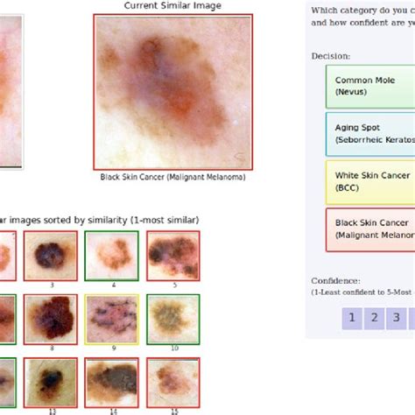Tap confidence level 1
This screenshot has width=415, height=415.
click(352, 317)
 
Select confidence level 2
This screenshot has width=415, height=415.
click(375, 317)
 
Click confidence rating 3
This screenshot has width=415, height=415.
click(397, 317)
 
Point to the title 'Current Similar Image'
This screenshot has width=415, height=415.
click(172, 6)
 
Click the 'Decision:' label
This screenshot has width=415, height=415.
click(330, 56)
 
